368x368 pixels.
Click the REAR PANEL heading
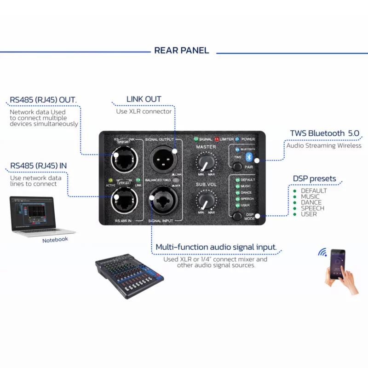(182, 51)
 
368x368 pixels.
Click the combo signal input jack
(162, 201)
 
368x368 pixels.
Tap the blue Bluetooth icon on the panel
(249, 158)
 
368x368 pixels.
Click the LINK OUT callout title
(144, 99)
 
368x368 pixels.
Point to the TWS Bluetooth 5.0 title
(324, 133)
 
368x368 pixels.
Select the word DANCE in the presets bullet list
(311, 202)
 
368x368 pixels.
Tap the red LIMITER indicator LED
(216, 139)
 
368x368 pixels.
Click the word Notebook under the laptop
(55, 240)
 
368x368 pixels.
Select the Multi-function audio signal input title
(216, 247)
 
